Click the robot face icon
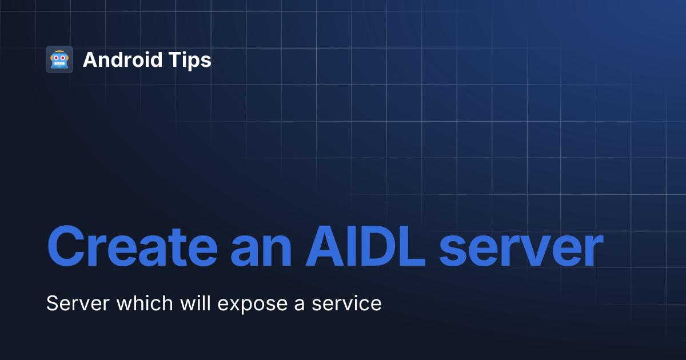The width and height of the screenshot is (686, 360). pos(59,59)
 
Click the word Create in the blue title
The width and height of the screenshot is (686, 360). pos(131,248)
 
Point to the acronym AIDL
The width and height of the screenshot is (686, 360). pos(365,248)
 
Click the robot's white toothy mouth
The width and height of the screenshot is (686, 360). pos(59,64)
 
